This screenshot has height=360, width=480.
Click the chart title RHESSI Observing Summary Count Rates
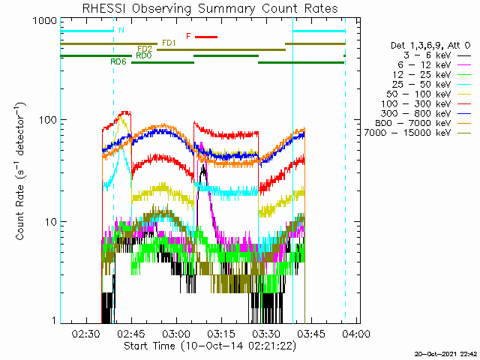(210, 8)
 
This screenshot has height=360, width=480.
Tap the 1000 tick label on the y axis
(45, 20)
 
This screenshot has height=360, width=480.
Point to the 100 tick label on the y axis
(49, 119)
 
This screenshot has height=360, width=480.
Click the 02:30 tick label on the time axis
(87, 333)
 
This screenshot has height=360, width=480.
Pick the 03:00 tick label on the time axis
(177, 333)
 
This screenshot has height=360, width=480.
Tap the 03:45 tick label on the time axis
(311, 333)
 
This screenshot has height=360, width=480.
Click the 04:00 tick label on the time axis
(356, 333)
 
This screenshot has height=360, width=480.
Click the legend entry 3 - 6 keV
(427, 55)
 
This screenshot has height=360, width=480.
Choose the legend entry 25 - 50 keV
(421, 84)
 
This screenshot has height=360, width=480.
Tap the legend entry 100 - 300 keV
(415, 103)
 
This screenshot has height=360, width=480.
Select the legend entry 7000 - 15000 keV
(407, 133)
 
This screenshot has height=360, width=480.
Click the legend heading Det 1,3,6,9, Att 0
(430, 46)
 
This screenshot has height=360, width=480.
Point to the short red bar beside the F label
(206, 37)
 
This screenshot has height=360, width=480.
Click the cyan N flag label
(121, 30)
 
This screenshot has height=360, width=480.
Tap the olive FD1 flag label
(169, 43)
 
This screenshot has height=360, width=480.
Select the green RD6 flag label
(118, 61)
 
